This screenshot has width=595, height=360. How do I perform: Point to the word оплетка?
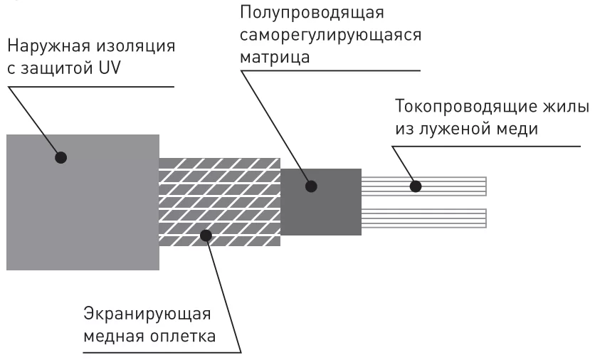tap(186, 336)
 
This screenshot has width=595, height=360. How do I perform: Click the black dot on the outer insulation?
tap(61, 157)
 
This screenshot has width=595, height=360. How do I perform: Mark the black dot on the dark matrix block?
tap(311, 187)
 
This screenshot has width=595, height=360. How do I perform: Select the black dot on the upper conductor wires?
tap(416, 186)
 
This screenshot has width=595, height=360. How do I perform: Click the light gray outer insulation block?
tap(82, 213)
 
